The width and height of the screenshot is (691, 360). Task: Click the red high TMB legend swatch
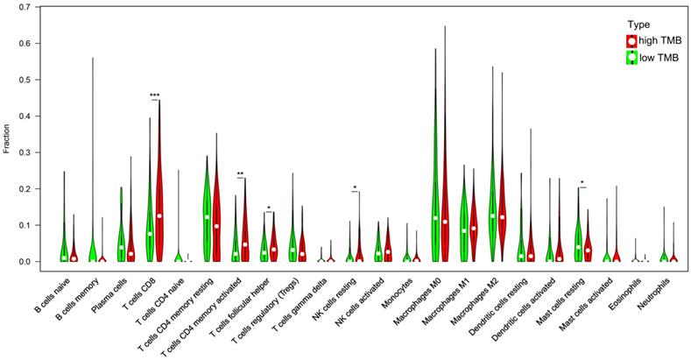coord(631,41)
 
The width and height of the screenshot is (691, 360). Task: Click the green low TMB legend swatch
coord(631,58)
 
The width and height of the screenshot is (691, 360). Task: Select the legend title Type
coord(638,24)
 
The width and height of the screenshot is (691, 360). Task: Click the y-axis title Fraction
coord(7,134)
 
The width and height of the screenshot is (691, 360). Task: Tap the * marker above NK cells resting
coord(355,187)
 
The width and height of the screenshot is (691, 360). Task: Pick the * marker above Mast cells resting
coord(582,183)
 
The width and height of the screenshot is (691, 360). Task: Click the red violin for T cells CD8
coord(159,201)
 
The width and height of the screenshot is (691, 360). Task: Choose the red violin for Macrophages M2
coord(502,210)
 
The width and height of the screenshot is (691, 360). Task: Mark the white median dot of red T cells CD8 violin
coord(159,215)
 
